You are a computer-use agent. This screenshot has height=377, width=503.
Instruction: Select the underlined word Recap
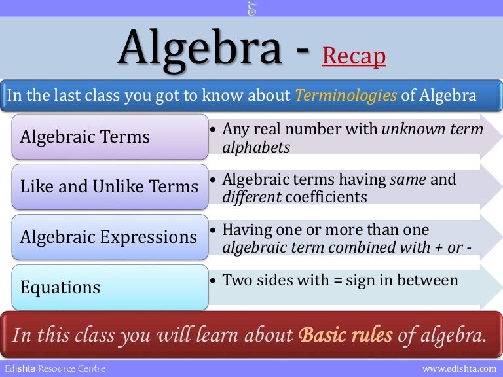pyautogui.click(x=354, y=57)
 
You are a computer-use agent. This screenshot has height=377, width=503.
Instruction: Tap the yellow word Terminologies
pyautogui.click(x=346, y=96)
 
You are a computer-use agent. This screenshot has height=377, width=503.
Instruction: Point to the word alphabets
pyautogui.click(x=255, y=147)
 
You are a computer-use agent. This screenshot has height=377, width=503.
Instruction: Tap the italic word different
pyautogui.click(x=249, y=197)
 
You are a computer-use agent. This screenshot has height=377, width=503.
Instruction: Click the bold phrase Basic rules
pyautogui.click(x=345, y=335)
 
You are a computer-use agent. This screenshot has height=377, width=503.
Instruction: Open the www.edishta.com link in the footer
pyautogui.click(x=460, y=369)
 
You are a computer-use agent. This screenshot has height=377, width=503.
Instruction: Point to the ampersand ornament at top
pyautogui.click(x=251, y=9)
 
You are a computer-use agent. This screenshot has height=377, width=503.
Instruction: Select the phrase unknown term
pyautogui.click(x=433, y=130)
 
